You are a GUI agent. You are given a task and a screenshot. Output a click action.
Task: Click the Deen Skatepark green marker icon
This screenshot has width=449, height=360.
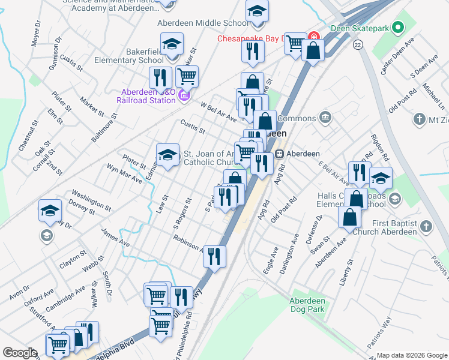[x=397, y=28]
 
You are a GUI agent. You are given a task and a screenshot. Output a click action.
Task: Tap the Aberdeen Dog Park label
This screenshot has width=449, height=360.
[x=307, y=305]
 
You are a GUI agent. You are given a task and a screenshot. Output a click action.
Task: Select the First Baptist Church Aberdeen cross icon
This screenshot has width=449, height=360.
[x=426, y=227]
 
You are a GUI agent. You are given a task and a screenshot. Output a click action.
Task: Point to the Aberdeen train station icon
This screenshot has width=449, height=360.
[x=279, y=154]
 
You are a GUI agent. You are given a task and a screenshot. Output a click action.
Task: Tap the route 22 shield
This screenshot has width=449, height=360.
[x=358, y=45]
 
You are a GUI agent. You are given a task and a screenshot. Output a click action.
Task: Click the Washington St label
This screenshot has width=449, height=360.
[x=91, y=200]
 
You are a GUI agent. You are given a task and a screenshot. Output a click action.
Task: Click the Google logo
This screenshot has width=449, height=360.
[x=19, y=353]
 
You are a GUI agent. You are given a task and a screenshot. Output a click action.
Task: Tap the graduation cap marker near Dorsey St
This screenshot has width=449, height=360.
[x=50, y=210]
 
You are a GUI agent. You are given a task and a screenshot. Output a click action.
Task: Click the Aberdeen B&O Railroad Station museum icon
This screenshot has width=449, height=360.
[x=184, y=95]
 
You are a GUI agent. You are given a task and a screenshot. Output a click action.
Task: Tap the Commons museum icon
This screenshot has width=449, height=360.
[x=325, y=116]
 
